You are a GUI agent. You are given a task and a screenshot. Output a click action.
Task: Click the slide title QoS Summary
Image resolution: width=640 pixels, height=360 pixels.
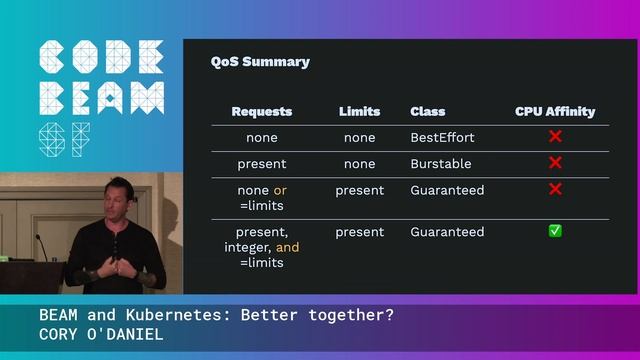[x=260, y=62]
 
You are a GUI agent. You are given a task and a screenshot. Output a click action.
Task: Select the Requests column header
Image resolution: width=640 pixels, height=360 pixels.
[x=261, y=111]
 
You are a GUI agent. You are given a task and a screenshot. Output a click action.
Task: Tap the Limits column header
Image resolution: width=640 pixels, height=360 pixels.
[x=359, y=111]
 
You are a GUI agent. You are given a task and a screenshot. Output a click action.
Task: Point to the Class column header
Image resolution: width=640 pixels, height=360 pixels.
[x=428, y=111]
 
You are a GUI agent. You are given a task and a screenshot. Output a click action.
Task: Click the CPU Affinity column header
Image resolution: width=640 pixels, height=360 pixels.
[x=555, y=111]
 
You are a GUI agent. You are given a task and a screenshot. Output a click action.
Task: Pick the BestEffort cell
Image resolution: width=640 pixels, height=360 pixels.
[x=442, y=137]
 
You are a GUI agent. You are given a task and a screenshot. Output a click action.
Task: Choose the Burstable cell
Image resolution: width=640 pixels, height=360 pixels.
[x=440, y=163]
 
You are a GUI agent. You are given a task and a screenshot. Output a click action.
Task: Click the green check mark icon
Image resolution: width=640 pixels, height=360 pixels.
[x=555, y=231]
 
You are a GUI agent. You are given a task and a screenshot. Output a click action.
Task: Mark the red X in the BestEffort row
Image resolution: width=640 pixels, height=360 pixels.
[x=555, y=137]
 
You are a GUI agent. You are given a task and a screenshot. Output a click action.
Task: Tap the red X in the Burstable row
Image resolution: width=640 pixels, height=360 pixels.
[x=555, y=163]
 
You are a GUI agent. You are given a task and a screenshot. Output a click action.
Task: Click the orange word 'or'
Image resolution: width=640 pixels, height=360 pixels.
[x=280, y=190]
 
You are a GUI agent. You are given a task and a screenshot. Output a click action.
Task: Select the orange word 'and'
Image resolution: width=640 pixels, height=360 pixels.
[x=287, y=247]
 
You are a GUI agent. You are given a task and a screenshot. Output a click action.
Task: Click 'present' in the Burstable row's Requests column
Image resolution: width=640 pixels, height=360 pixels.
[x=261, y=163]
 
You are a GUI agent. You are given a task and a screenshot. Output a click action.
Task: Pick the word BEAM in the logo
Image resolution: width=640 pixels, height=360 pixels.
[x=101, y=97]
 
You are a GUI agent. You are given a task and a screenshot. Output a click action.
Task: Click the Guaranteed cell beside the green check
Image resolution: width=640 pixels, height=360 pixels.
[x=447, y=231]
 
